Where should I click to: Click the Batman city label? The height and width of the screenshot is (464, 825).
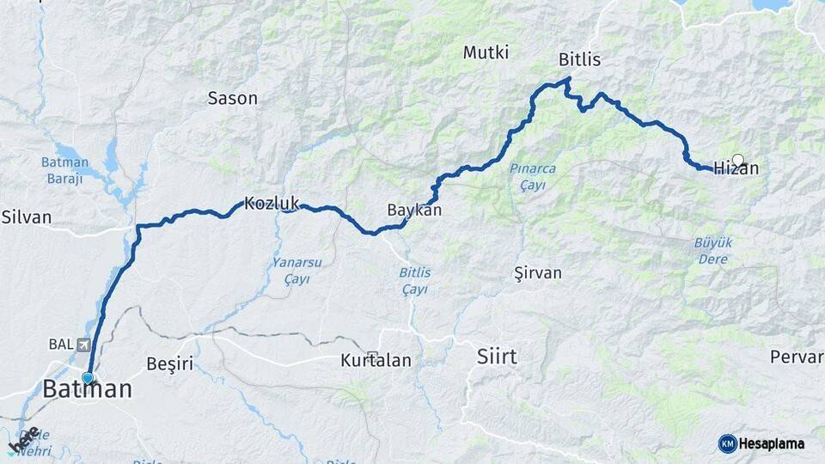click(88, 389)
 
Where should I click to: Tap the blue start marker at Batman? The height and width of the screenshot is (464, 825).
click(87, 377)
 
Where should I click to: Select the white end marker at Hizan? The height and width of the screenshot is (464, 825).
click(737, 160)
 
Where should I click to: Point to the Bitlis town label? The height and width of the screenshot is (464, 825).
click(579, 60)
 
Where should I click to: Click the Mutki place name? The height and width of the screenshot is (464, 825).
click(486, 52)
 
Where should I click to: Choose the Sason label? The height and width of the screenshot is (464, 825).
click(233, 98)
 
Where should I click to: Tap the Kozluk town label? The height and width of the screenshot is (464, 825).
click(271, 204)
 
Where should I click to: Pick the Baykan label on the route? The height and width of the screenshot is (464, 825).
click(414, 211)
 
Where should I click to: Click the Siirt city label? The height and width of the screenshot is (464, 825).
click(498, 356)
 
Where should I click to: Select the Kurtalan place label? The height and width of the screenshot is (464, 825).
click(376, 360)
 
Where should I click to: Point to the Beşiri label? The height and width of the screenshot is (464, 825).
click(170, 363)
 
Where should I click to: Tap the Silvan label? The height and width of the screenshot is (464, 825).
click(26, 217)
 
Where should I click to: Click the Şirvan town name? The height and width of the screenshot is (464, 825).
click(537, 273)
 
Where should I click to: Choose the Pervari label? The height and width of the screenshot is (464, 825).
click(797, 356)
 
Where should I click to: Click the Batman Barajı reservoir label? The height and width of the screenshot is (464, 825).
click(65, 170)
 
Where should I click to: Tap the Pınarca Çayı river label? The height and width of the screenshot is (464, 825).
click(532, 176)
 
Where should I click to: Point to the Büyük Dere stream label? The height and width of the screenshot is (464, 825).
click(713, 251)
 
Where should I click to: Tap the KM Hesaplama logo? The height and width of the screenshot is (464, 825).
click(761, 443)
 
